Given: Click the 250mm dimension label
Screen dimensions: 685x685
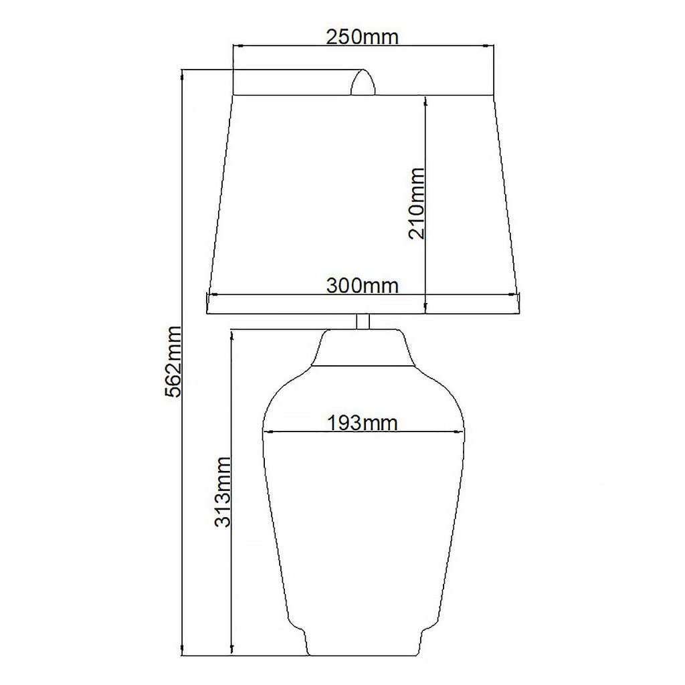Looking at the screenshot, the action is (x=363, y=37).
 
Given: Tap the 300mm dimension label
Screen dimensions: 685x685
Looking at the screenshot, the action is (x=363, y=286).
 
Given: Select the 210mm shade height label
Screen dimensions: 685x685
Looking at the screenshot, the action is (x=416, y=203).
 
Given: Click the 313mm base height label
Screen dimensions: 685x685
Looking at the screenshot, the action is (x=222, y=492).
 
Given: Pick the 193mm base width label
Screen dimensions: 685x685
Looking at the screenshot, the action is (x=363, y=423).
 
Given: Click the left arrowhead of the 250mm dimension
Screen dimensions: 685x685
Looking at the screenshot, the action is (x=237, y=45).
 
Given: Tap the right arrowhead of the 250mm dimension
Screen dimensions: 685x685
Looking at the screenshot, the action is (x=489, y=45).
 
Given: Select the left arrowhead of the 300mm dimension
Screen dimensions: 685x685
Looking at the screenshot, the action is (x=213, y=295).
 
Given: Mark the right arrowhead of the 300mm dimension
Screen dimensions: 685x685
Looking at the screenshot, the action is (x=514, y=295).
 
